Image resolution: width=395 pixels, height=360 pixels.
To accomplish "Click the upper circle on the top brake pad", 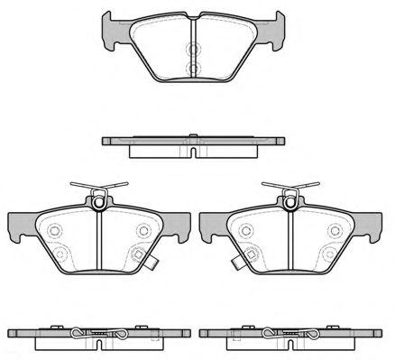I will point(193,51).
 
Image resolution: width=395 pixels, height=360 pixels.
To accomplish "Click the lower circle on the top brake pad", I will point(193,69).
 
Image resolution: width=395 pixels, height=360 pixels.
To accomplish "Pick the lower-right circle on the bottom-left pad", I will point(136,254).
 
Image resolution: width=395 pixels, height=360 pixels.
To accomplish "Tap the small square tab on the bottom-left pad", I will point(155,265).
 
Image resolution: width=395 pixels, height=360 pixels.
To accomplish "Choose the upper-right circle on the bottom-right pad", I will point(335,231).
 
